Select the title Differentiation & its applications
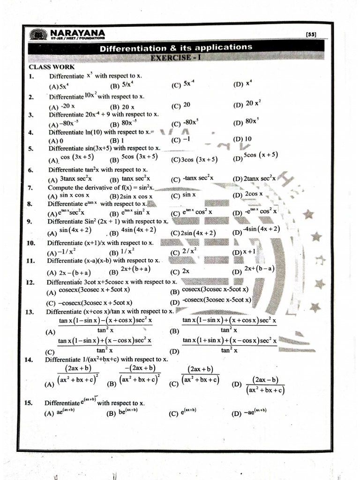tap(176, 48)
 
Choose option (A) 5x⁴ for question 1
tap(59, 86)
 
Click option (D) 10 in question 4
tap(242, 139)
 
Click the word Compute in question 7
tap(60, 187)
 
